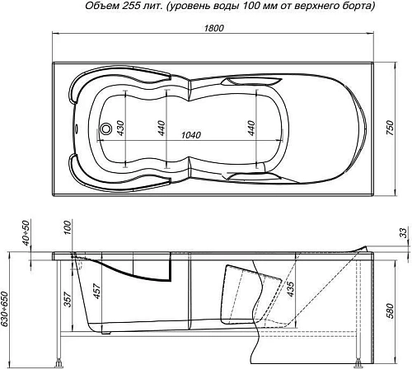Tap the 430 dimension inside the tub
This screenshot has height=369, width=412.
[120, 128]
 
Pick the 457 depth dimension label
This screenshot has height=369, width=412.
[96, 287]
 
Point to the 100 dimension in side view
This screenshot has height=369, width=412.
[67, 227]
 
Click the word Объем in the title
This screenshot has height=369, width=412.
[103, 7]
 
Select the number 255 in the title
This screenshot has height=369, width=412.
[137, 7]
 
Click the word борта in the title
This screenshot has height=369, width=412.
[355, 7]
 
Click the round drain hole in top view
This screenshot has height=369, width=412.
[105, 128]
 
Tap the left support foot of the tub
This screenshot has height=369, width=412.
[60, 361]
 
